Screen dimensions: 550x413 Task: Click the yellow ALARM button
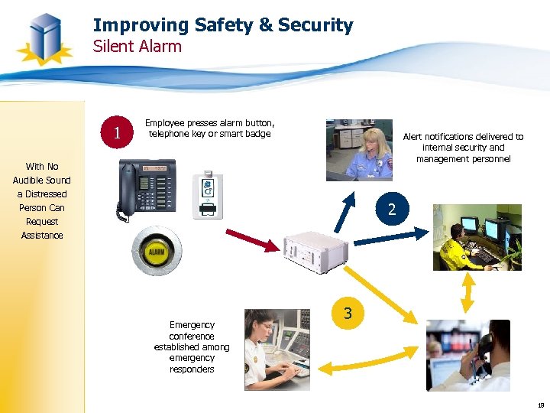[x=156, y=251]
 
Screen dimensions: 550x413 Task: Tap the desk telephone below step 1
[x=147, y=187]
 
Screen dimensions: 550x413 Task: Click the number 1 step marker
[x=117, y=134]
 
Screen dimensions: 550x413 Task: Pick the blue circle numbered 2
[x=391, y=209]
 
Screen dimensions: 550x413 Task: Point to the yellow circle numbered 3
[x=348, y=314]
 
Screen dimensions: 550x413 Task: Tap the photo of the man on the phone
[x=467, y=355]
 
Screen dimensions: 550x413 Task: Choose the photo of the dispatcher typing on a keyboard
[x=277, y=350]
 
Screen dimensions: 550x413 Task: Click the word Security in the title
[x=315, y=25]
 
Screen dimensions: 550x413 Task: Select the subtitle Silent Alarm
[x=137, y=47]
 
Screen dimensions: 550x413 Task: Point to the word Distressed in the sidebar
[x=42, y=194]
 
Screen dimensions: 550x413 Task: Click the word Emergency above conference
[x=192, y=325]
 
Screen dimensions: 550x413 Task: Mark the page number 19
[x=540, y=405]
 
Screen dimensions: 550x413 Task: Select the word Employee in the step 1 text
[x=163, y=123]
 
